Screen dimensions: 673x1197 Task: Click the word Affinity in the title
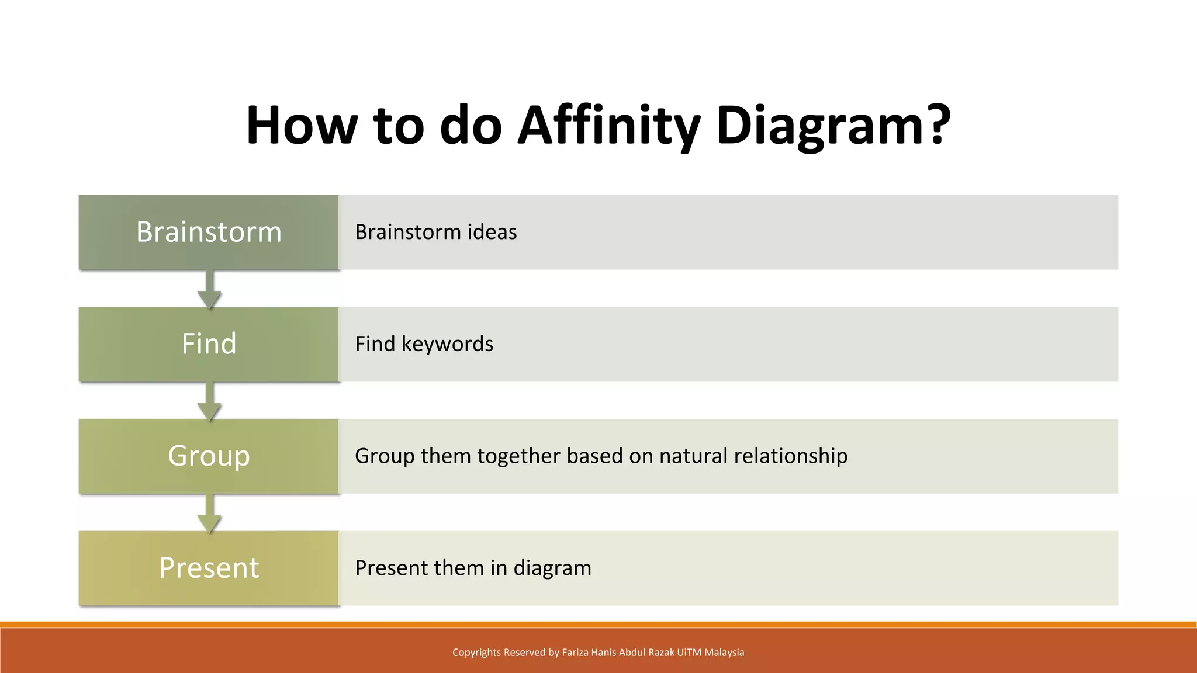(x=608, y=126)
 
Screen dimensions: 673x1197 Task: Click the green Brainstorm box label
(x=209, y=232)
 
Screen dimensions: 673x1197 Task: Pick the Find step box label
(x=209, y=344)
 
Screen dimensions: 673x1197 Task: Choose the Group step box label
(x=209, y=456)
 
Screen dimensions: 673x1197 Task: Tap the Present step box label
(x=209, y=568)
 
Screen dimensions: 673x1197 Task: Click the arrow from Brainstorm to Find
(x=209, y=290)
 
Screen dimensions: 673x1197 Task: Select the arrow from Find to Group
(x=209, y=402)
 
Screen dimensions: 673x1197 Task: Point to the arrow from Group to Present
(x=209, y=514)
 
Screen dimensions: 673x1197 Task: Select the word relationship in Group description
(x=790, y=456)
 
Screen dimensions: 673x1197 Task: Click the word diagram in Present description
(x=552, y=568)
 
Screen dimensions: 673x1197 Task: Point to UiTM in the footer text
(x=689, y=653)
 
